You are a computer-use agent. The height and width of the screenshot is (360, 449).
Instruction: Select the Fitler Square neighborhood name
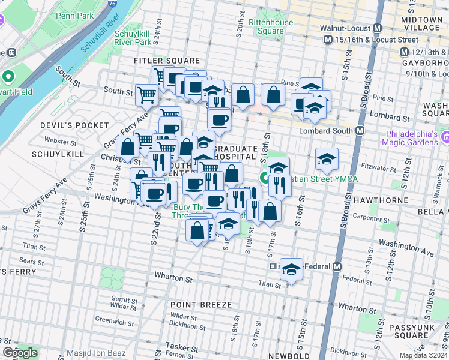[167, 61]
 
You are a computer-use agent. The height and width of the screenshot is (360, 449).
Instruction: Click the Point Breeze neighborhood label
[200, 305]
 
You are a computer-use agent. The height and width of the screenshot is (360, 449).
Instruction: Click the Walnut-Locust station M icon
[378, 28]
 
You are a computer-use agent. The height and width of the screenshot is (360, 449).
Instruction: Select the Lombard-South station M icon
[361, 131]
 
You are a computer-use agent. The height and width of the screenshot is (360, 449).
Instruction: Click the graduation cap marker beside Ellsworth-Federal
[292, 269]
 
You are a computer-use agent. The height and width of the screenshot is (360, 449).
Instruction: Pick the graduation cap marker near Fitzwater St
[326, 159]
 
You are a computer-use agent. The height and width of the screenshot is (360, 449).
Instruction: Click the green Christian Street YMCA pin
[264, 178]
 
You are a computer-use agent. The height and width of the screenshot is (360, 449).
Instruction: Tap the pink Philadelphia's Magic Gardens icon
[444, 138]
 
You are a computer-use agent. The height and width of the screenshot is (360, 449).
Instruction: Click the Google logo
[20, 353]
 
